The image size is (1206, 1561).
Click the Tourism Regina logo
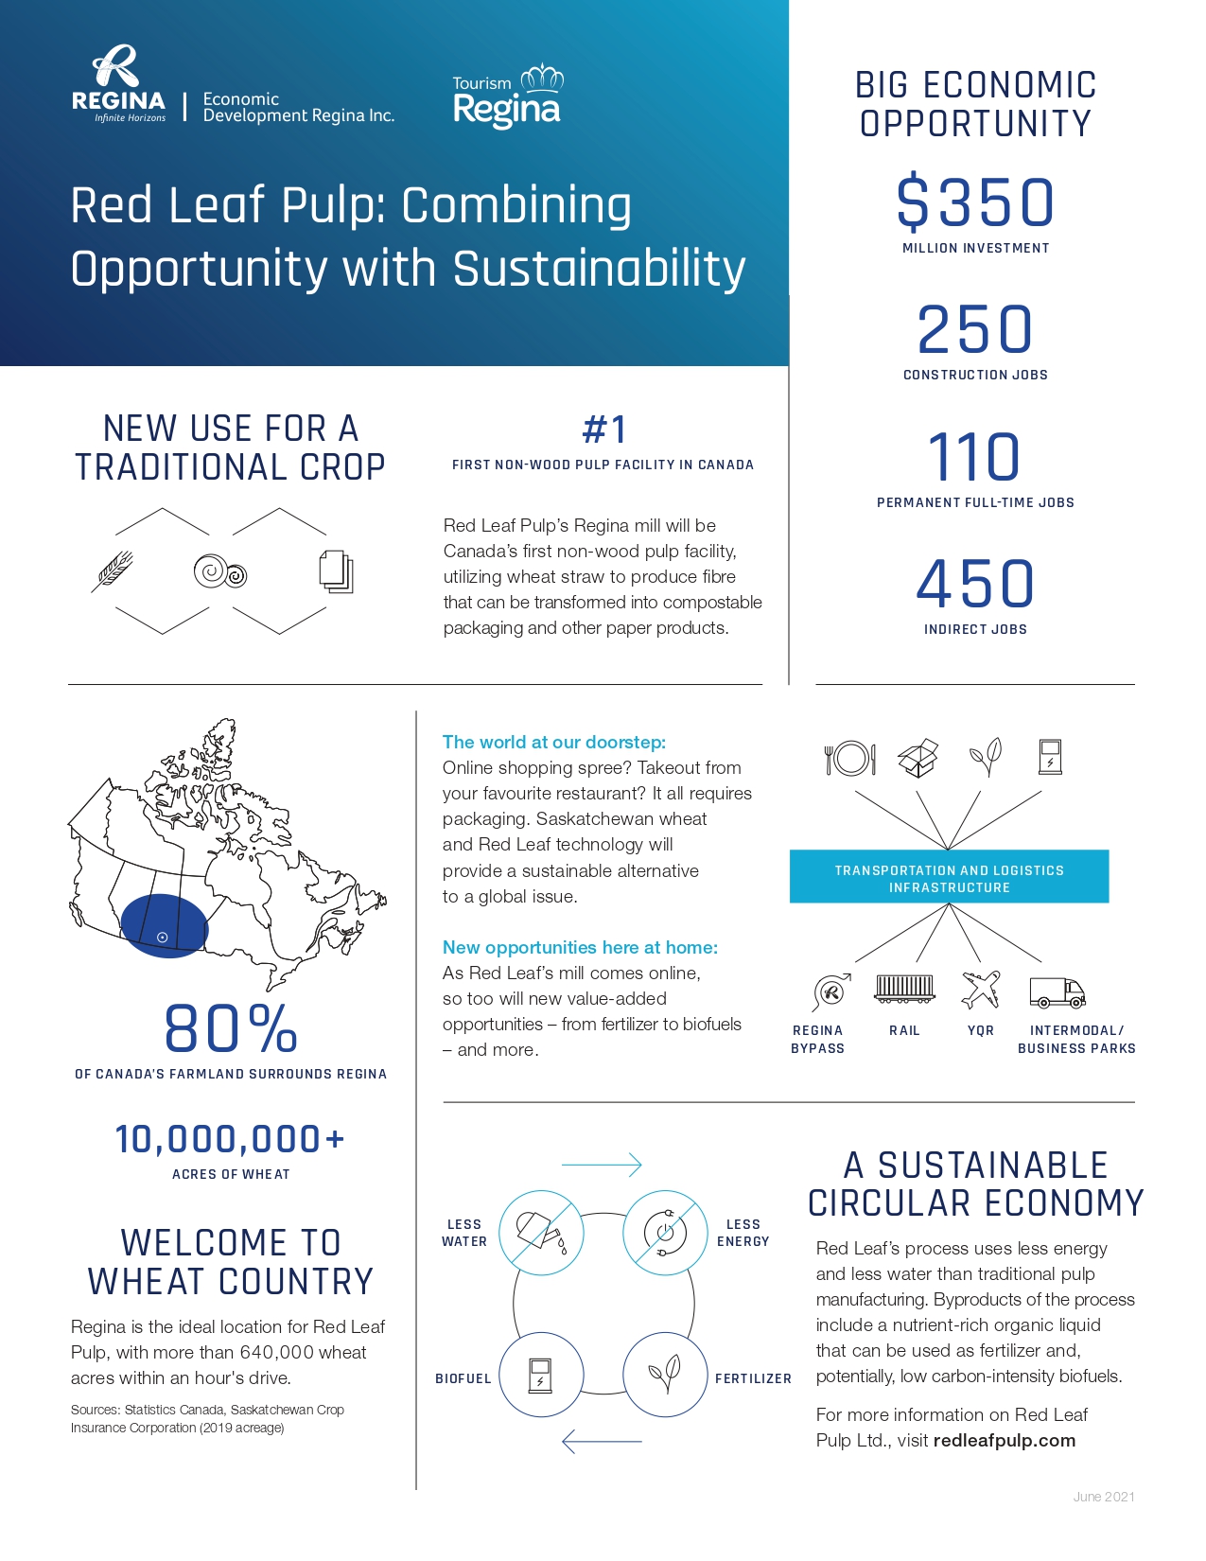point(507,96)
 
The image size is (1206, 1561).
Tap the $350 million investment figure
point(975,203)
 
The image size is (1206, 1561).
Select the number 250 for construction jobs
point(975,329)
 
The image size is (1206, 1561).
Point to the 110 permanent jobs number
point(975,457)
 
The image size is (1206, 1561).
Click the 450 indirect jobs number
point(975,584)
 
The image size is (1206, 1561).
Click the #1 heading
point(603,430)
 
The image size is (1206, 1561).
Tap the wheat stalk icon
point(113,570)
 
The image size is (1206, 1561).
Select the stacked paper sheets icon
point(336,571)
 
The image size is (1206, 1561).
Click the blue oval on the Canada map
point(164,926)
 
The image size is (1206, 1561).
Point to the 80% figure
point(231,1029)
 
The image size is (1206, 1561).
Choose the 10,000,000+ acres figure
point(230,1139)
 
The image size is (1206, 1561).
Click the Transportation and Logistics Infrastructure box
point(949,877)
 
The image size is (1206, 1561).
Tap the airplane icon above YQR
point(981,990)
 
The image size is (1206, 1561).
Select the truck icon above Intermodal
point(1057,992)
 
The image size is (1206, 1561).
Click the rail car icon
point(905,989)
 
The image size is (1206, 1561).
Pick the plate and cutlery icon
point(850,758)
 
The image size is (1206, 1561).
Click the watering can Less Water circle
point(541,1232)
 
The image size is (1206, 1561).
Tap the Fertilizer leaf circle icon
point(665,1374)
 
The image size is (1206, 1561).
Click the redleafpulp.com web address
point(1004,1441)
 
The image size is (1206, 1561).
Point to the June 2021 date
point(1103,1497)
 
